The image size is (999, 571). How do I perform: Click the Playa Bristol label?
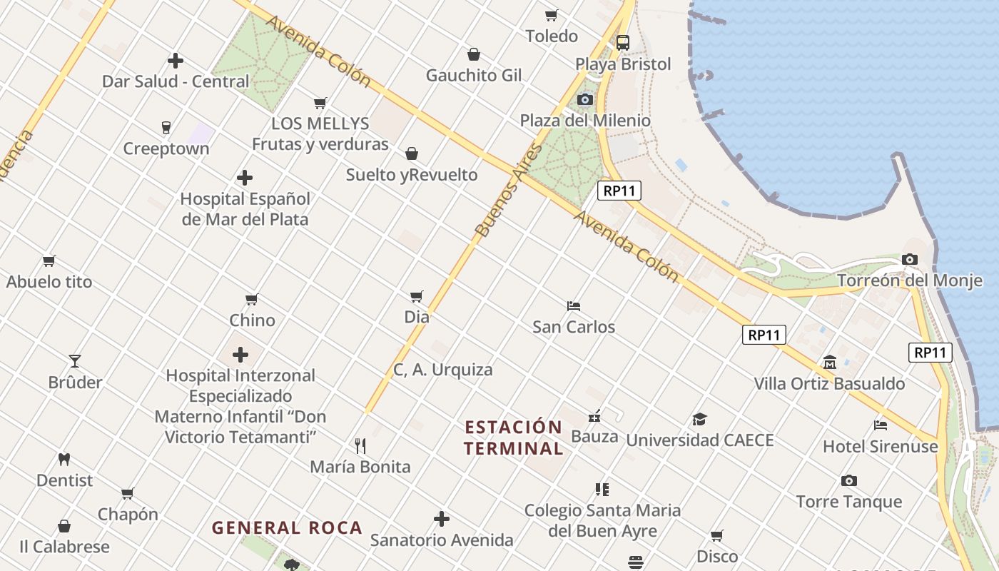[x=623, y=64]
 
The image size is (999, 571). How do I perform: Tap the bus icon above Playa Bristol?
[x=623, y=42]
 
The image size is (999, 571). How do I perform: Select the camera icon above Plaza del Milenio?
[x=585, y=99]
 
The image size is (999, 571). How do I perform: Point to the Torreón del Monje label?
[x=909, y=281]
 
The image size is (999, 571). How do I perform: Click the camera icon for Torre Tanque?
[x=848, y=480]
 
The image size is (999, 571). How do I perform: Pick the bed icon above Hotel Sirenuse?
[x=881, y=425]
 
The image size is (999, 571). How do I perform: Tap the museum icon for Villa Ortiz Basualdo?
[x=830, y=363]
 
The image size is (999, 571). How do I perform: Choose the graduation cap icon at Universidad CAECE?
[x=699, y=419]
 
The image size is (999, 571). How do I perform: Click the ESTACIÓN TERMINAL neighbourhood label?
[x=514, y=438]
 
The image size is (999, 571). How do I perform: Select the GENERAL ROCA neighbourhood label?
[x=288, y=528]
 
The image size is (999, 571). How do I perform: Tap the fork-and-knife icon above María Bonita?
[x=360, y=446]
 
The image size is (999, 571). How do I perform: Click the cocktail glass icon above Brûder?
[x=75, y=361]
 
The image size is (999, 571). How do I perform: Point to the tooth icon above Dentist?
[x=64, y=460]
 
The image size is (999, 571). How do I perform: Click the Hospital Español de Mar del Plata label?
[x=245, y=208]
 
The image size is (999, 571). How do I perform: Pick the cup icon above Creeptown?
[x=166, y=128]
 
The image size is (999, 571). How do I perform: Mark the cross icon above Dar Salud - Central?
[x=176, y=61]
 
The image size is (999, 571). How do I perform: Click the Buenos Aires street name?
[x=509, y=191]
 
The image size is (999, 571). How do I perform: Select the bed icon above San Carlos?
[x=574, y=306]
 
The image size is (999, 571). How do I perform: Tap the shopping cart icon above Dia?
[x=417, y=296]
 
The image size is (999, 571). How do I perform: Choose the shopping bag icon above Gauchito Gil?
[x=474, y=54]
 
